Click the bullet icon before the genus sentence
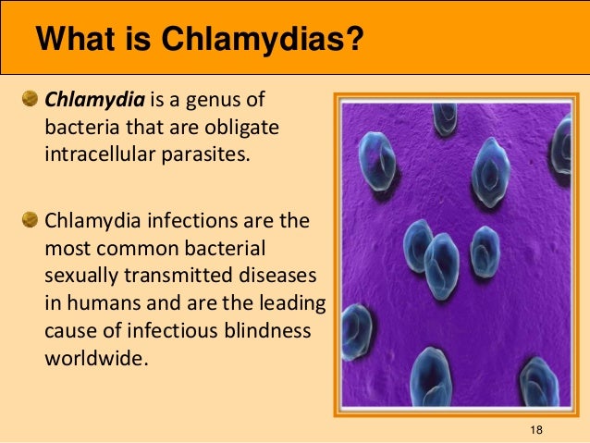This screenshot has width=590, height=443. pyautogui.click(x=31, y=99)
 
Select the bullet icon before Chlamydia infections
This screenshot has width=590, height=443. pyautogui.click(x=31, y=222)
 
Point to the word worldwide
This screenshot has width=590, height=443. pyautogui.click(x=94, y=357)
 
